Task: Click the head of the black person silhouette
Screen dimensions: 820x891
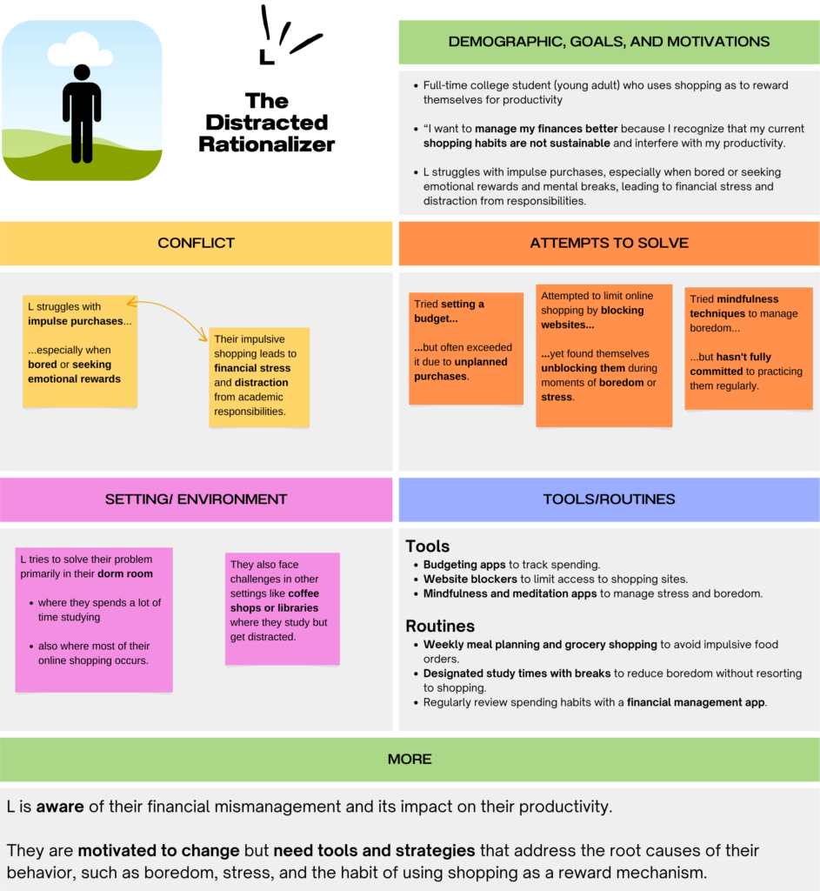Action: click(x=82, y=72)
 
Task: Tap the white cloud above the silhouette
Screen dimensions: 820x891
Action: click(x=80, y=50)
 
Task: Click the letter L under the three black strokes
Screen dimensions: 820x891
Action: click(x=266, y=57)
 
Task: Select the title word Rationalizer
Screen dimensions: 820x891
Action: click(x=266, y=144)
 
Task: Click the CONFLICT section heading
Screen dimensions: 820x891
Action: click(x=196, y=244)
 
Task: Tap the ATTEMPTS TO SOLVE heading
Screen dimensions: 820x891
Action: click(x=609, y=244)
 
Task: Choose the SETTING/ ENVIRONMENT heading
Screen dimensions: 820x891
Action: click(x=196, y=499)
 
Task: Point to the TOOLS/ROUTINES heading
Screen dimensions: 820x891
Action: click(x=609, y=499)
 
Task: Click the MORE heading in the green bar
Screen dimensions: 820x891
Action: click(x=410, y=759)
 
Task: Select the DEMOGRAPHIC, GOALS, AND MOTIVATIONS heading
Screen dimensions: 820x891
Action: click(x=609, y=42)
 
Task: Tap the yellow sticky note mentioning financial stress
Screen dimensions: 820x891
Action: click(x=259, y=378)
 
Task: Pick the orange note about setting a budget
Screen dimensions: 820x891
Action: click(x=466, y=348)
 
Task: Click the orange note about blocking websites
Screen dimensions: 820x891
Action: click(x=604, y=356)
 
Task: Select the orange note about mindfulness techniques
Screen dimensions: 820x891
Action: click(x=749, y=348)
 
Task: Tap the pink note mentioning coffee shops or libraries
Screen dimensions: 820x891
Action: click(x=283, y=608)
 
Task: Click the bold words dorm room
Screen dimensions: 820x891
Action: click(x=125, y=574)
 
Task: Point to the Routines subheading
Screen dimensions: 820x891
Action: click(x=440, y=626)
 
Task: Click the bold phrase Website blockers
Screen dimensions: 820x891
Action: click(x=470, y=579)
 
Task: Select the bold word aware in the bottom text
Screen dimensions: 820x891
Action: click(x=60, y=807)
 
